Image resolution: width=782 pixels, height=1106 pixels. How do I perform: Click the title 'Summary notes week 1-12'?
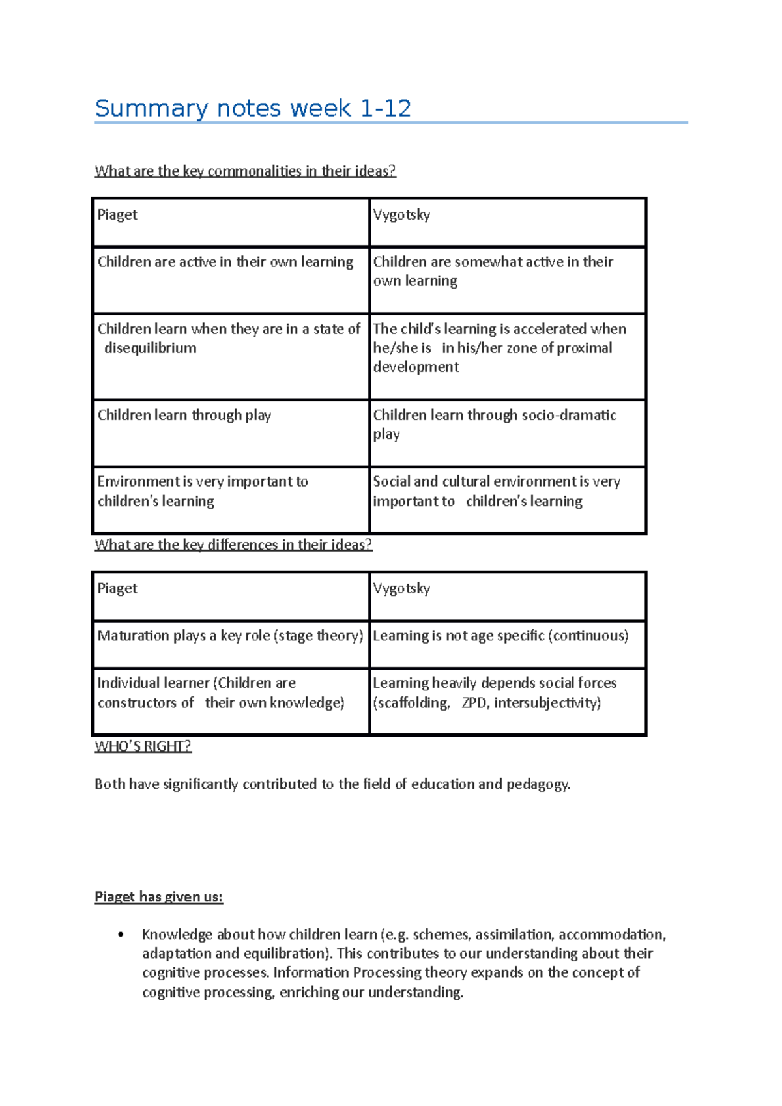tap(253, 108)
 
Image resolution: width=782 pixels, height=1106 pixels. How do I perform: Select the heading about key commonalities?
tap(245, 171)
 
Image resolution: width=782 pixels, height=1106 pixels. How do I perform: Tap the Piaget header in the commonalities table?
tap(117, 215)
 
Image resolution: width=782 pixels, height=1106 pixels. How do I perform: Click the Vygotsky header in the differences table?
tap(401, 589)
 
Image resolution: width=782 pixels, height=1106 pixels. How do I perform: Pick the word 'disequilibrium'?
tap(151, 348)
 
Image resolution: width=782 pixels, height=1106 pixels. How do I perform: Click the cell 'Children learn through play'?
tap(184, 416)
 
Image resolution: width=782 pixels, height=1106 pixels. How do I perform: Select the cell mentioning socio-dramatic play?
tap(494, 424)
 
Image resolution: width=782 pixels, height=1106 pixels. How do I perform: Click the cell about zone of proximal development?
tap(499, 348)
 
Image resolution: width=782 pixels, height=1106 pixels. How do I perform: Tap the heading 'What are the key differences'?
tap(233, 545)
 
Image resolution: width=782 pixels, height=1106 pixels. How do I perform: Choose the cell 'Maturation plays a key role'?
tap(230, 636)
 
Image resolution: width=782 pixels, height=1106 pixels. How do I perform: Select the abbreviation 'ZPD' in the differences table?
tap(475, 703)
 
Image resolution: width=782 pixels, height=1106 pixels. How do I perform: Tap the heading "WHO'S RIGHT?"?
tap(143, 746)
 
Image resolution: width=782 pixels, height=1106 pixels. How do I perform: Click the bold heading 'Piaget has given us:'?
tap(158, 898)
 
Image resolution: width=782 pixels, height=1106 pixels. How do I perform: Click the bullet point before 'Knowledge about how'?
tap(121, 935)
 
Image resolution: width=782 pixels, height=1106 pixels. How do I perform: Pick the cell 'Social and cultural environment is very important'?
tap(497, 492)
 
